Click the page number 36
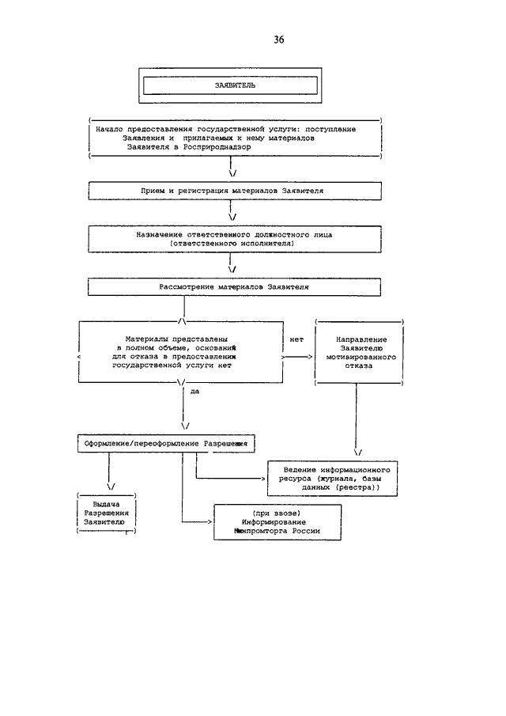(x=279, y=40)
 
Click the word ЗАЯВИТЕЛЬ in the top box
(x=235, y=85)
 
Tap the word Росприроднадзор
(x=217, y=147)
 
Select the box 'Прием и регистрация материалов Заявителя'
(x=235, y=191)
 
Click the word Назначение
(x=159, y=235)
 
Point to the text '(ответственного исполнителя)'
(x=232, y=244)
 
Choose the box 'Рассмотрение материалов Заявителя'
(x=235, y=287)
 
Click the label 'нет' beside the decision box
(x=296, y=339)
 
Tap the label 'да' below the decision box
(x=194, y=392)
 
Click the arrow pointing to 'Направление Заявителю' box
(x=297, y=357)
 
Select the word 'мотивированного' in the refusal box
(x=361, y=357)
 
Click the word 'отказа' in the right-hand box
(x=359, y=366)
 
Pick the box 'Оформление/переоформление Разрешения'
(x=166, y=443)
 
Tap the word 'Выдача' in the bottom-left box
(x=106, y=504)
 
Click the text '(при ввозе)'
(x=277, y=513)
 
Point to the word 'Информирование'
(x=274, y=522)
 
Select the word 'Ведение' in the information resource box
(x=300, y=469)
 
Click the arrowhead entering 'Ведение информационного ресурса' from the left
(x=263, y=479)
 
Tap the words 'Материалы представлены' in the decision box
(x=176, y=339)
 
